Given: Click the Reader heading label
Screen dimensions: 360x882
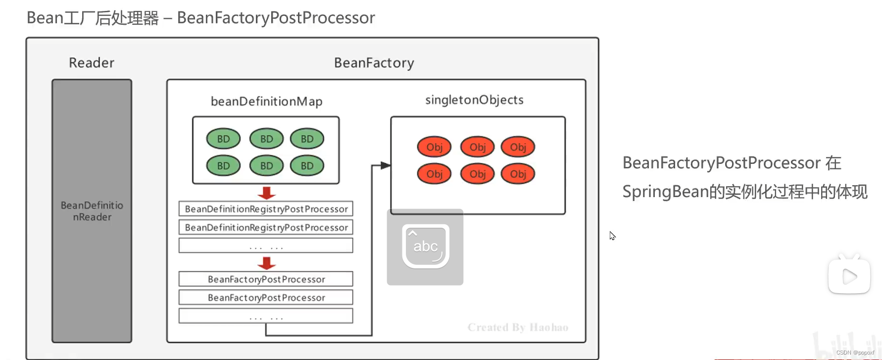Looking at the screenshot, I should click(92, 63).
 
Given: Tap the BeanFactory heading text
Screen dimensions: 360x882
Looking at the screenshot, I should click(374, 63).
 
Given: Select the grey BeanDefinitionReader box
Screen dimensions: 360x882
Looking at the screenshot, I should click(92, 211).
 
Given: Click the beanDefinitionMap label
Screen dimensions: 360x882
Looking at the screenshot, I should click(266, 102).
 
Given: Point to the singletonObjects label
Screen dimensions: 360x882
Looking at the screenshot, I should click(474, 100).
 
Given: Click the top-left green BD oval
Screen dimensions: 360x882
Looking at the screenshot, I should click(223, 139).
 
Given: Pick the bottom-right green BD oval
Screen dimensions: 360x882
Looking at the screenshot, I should click(307, 166).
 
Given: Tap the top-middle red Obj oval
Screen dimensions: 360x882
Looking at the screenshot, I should click(477, 147).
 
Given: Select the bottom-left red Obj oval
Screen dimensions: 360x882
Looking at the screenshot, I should click(434, 174).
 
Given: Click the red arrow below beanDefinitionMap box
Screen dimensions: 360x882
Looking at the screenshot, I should click(266, 193).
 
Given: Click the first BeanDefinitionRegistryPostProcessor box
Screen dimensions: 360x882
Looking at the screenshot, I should click(266, 209).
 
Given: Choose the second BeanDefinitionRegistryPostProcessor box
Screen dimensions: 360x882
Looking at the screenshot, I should click(266, 227).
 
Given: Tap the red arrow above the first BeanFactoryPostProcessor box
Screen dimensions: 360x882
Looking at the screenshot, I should click(266, 263).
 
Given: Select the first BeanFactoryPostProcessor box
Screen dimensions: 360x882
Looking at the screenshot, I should click(266, 279).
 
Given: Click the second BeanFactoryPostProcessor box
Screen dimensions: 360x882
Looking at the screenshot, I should click(266, 298).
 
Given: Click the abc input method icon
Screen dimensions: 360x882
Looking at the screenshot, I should click(425, 247).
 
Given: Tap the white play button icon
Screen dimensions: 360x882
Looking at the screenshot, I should click(849, 276).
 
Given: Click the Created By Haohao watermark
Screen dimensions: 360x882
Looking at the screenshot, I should click(518, 327).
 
